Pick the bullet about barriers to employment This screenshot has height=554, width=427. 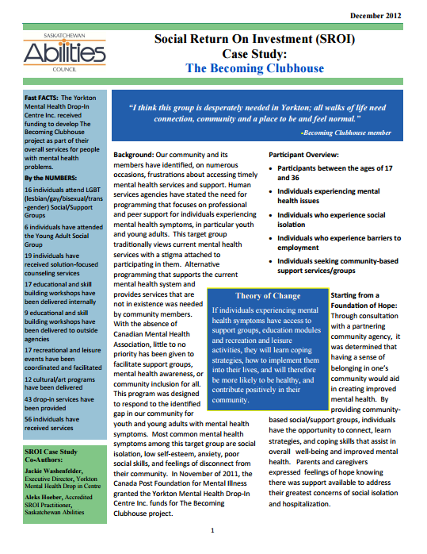pyautogui.click(x=339, y=242)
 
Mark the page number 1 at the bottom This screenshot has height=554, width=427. pyautogui.click(x=212, y=529)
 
